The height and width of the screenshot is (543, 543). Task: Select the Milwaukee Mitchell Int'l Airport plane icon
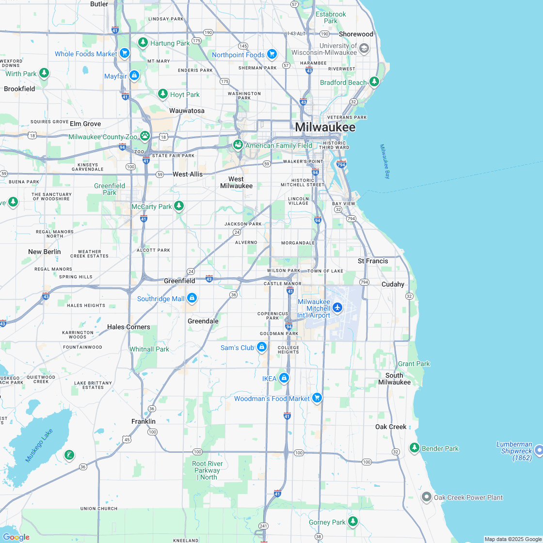[337, 307]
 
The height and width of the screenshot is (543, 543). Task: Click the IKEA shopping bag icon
[284, 378]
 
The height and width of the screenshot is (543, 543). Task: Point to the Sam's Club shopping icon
[262, 347]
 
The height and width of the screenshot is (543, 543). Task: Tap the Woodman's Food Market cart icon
[317, 398]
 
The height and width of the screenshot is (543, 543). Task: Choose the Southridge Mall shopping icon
[192, 298]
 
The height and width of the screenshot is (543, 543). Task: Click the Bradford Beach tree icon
[374, 81]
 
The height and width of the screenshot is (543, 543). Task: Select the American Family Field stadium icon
[238, 144]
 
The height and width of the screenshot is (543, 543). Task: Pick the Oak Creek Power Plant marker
[427, 496]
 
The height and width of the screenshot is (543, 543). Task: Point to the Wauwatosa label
[187, 111]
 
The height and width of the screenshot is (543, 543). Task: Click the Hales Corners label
[128, 327]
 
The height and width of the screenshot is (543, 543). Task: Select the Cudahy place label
[393, 284]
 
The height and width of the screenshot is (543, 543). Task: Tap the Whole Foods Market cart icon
[125, 53]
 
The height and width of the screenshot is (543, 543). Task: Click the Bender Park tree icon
[414, 447]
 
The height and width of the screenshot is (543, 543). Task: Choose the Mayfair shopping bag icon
[134, 75]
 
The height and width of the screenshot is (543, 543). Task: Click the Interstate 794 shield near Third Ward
[341, 164]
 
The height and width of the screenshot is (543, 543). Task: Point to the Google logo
[16, 537]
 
